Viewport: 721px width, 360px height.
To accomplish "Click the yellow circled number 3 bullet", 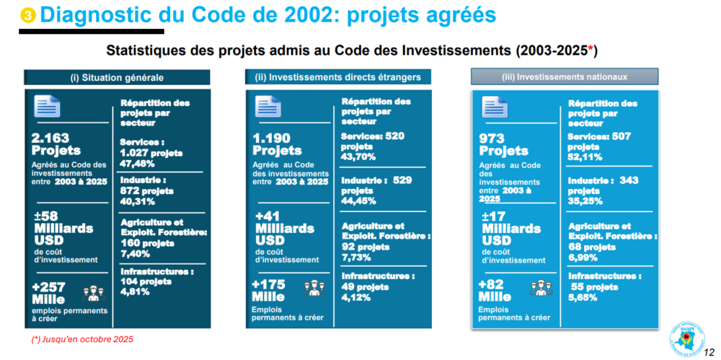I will point(27,15).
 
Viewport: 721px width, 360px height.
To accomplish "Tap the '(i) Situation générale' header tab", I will point(117,77).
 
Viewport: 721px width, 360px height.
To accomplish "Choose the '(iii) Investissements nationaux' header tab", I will point(565,76).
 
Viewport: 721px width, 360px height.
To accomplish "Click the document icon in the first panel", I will point(48,107).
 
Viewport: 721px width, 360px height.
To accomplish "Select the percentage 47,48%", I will point(137,162).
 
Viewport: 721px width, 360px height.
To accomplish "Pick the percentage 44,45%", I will point(359,201).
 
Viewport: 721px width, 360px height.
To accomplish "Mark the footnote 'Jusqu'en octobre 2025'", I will point(82,339).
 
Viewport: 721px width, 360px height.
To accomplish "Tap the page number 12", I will point(709,353).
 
